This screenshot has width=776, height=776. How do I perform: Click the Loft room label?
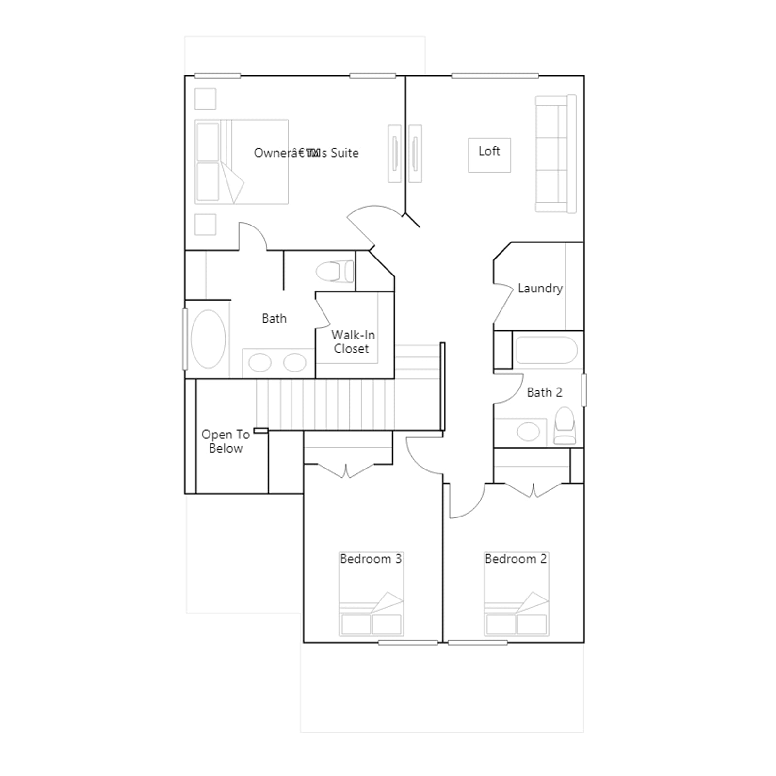click(x=489, y=151)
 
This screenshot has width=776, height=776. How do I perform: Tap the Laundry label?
click(x=540, y=289)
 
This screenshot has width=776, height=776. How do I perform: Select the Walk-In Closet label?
click(x=353, y=341)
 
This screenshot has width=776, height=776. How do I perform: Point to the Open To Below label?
click(x=226, y=441)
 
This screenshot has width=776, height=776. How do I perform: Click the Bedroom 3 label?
click(x=371, y=559)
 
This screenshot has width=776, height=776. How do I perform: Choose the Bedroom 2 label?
click(x=516, y=559)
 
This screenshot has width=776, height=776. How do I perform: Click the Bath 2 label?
click(x=544, y=392)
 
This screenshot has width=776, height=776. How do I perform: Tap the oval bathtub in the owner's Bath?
click(x=208, y=339)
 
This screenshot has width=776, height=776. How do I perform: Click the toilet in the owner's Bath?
click(x=335, y=272)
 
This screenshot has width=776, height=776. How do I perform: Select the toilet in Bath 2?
click(x=565, y=425)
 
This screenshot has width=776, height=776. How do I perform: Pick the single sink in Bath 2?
click(x=528, y=431)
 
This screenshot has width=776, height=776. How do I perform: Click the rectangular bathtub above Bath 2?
click(x=547, y=350)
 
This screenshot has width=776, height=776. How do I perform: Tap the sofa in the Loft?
click(x=556, y=154)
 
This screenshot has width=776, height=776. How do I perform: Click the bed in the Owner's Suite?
click(x=242, y=162)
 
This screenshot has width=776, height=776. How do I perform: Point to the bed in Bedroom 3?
click(x=371, y=594)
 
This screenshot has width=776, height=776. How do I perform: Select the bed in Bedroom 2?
click(x=517, y=594)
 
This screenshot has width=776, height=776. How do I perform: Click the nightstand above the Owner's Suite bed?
click(x=205, y=98)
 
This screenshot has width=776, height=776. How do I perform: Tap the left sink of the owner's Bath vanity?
click(x=260, y=362)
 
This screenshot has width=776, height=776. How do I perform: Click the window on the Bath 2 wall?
click(x=584, y=390)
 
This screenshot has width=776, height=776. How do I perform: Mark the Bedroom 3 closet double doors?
click(x=346, y=470)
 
